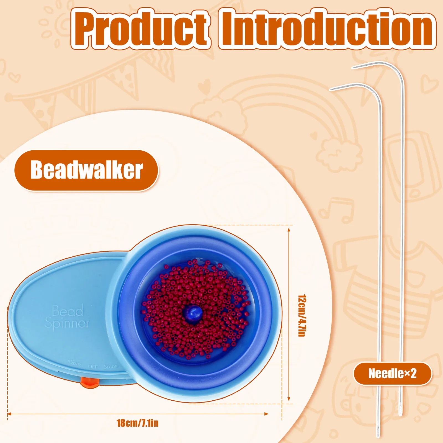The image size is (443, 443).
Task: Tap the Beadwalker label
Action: [x=86, y=170]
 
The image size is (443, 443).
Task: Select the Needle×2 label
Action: [x=392, y=374]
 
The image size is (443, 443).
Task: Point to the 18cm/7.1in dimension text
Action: [x=138, y=423]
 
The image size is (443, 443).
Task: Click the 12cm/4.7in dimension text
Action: [x=302, y=315]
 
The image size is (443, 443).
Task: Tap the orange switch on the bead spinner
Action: [x=90, y=382]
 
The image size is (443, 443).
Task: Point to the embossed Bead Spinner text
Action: [x=67, y=317]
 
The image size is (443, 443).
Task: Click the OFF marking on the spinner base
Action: [x=93, y=366]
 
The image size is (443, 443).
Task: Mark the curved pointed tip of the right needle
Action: [x=353, y=68]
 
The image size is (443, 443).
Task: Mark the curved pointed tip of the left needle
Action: [x=330, y=89]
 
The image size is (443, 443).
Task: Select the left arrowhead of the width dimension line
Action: [x=9, y=414]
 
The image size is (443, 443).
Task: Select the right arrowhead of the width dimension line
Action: [x=267, y=414]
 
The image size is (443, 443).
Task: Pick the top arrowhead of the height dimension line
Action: [x=289, y=230]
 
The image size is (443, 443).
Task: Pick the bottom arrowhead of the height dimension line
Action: [x=289, y=399]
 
